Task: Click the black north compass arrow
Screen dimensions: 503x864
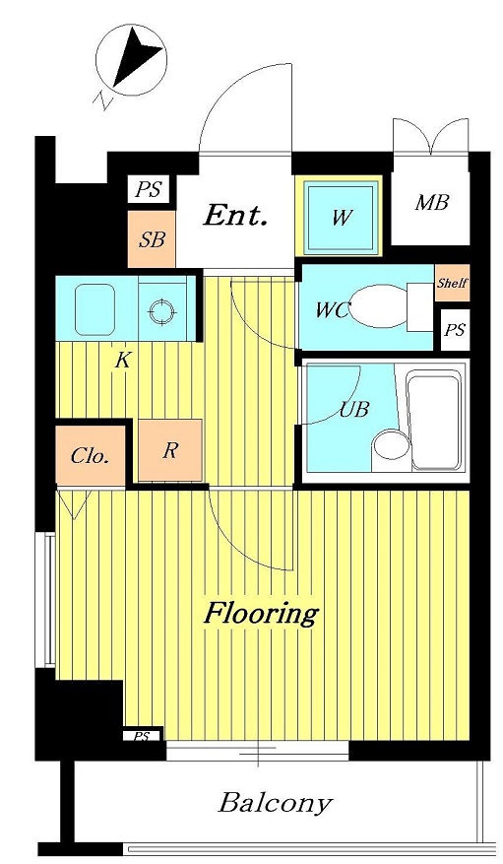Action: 136,59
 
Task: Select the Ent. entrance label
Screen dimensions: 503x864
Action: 235,216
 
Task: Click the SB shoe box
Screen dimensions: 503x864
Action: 152,239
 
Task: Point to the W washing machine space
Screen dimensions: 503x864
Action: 341,217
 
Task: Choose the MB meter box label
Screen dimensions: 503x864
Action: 431,202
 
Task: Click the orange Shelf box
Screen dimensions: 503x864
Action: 452,283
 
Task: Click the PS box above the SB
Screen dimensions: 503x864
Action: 149,190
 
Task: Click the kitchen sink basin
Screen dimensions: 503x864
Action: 94,309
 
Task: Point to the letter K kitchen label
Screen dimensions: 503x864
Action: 122,361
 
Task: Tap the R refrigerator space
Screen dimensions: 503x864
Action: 170,450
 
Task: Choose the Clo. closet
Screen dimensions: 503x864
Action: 91,455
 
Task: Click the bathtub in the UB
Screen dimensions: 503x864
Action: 433,421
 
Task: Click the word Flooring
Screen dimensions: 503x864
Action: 262,614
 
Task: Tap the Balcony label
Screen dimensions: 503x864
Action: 276,803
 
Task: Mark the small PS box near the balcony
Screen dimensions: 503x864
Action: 142,736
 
